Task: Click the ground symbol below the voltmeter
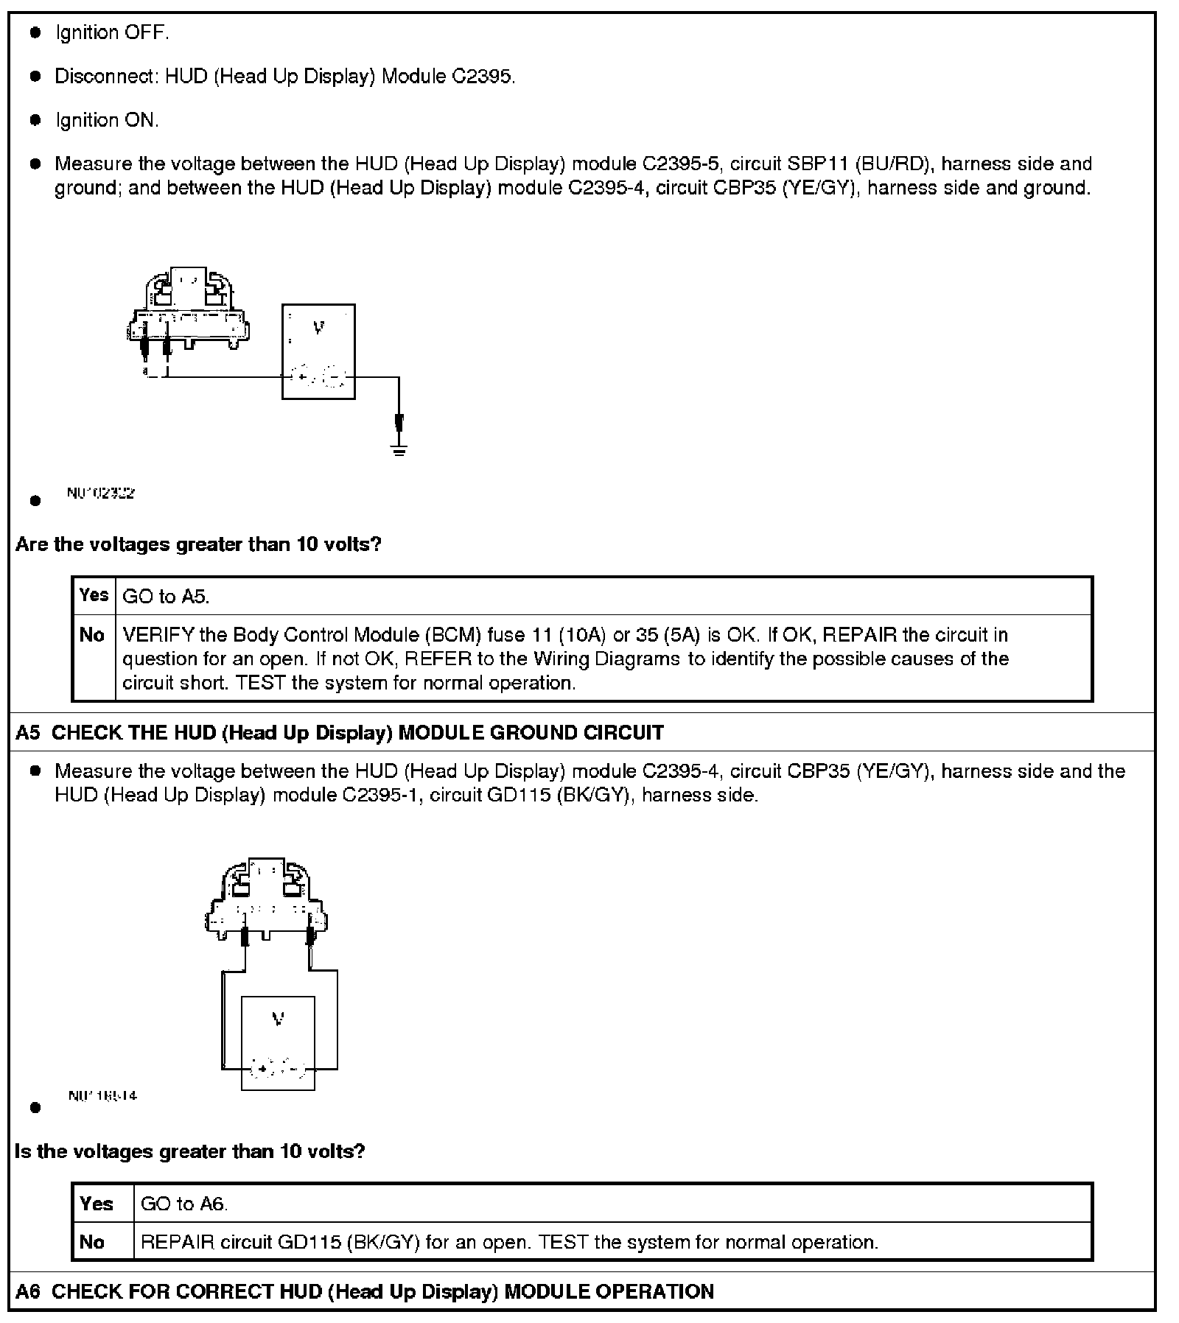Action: tap(399, 449)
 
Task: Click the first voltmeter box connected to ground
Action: tap(318, 351)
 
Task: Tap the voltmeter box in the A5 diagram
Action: tap(278, 1043)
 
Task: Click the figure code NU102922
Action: tap(100, 494)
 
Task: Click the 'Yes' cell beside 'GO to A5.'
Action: tap(94, 595)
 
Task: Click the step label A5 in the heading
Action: tap(27, 733)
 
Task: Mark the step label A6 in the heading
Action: tap(27, 1291)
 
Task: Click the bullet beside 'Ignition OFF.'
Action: tap(35, 33)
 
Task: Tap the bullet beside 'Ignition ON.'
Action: tap(35, 120)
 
